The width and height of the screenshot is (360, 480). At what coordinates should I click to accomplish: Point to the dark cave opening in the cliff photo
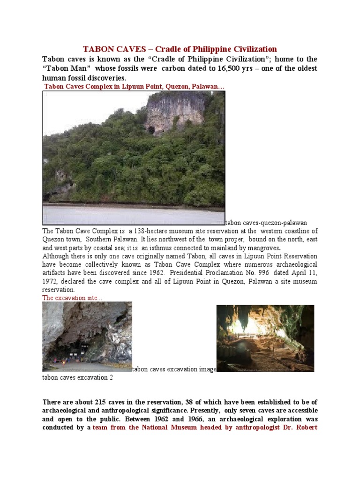(x=151, y=129)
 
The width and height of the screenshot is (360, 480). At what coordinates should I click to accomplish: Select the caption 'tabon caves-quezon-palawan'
(x=266, y=223)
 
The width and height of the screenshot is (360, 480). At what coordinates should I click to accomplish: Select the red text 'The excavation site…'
(x=72, y=298)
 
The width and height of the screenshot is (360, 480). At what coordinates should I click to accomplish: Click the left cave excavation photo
(x=87, y=336)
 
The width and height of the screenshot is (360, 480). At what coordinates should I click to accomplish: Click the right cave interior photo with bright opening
(x=265, y=338)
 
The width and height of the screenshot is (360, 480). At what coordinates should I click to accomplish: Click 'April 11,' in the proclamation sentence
(x=301, y=273)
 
